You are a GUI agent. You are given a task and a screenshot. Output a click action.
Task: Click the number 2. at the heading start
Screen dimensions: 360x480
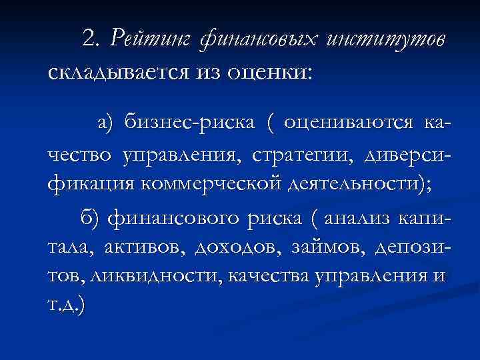coord(95,39)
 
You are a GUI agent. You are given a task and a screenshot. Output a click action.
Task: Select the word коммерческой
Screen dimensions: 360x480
coord(208,185)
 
